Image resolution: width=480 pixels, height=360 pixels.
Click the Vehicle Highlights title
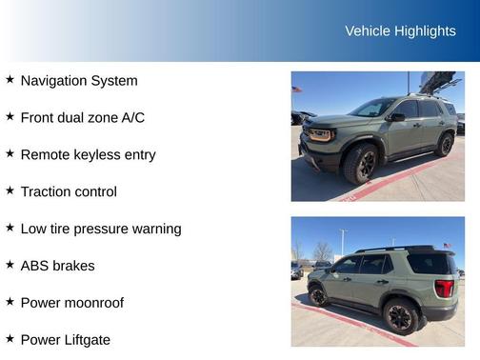pyautogui.click(x=400, y=31)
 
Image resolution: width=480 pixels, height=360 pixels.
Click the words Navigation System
pyautogui.click(x=79, y=81)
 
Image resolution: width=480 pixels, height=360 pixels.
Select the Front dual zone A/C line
pyautogui.click(x=82, y=118)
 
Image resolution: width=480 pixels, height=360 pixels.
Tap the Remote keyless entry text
pyautogui.click(x=88, y=154)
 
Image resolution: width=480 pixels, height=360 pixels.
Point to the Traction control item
pyautogui.click(x=69, y=191)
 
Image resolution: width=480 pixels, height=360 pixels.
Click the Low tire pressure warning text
pyautogui.click(x=101, y=229)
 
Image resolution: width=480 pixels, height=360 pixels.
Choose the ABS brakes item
pyautogui.click(x=57, y=266)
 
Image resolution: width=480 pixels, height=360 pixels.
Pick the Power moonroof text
pyautogui.click(x=72, y=303)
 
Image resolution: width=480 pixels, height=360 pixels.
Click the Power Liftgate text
pyautogui.click(x=66, y=339)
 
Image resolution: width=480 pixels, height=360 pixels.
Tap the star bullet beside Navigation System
pyautogui.click(x=10, y=80)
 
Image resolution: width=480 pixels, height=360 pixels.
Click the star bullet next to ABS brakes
pyautogui.click(x=10, y=265)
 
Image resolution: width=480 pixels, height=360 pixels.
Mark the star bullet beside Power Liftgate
pyautogui.click(x=10, y=338)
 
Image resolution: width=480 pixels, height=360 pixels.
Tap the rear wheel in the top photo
pyautogui.click(x=445, y=145)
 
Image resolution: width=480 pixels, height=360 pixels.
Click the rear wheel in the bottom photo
pyautogui.click(x=400, y=316)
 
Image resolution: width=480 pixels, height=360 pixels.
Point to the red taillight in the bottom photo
pyautogui.click(x=444, y=288)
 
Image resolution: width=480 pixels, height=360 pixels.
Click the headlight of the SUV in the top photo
pyautogui.click(x=322, y=134)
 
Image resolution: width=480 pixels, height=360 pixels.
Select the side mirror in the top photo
pyautogui.click(x=398, y=116)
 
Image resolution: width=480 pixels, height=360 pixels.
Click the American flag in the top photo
pyautogui.click(x=296, y=90)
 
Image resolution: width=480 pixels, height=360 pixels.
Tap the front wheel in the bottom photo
pyautogui.click(x=318, y=296)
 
